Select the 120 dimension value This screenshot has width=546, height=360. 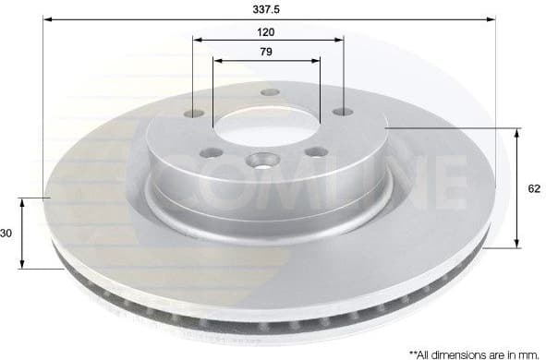coord(266,30)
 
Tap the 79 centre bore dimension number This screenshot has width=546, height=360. coord(266,52)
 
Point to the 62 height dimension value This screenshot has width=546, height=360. coord(533,188)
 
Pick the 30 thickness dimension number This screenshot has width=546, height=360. coord(6,234)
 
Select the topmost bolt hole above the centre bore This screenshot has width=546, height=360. coord(270,92)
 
